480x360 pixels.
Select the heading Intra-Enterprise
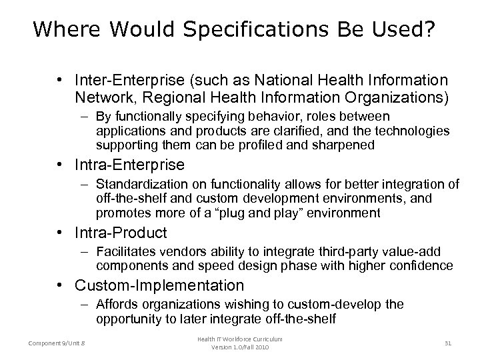pyautogui.click(x=129, y=164)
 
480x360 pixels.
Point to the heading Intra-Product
pyautogui.click(x=121, y=233)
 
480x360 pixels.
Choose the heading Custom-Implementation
pyautogui.click(x=159, y=285)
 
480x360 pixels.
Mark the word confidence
pyautogui.click(x=419, y=266)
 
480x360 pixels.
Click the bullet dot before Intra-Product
pyautogui.click(x=61, y=233)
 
